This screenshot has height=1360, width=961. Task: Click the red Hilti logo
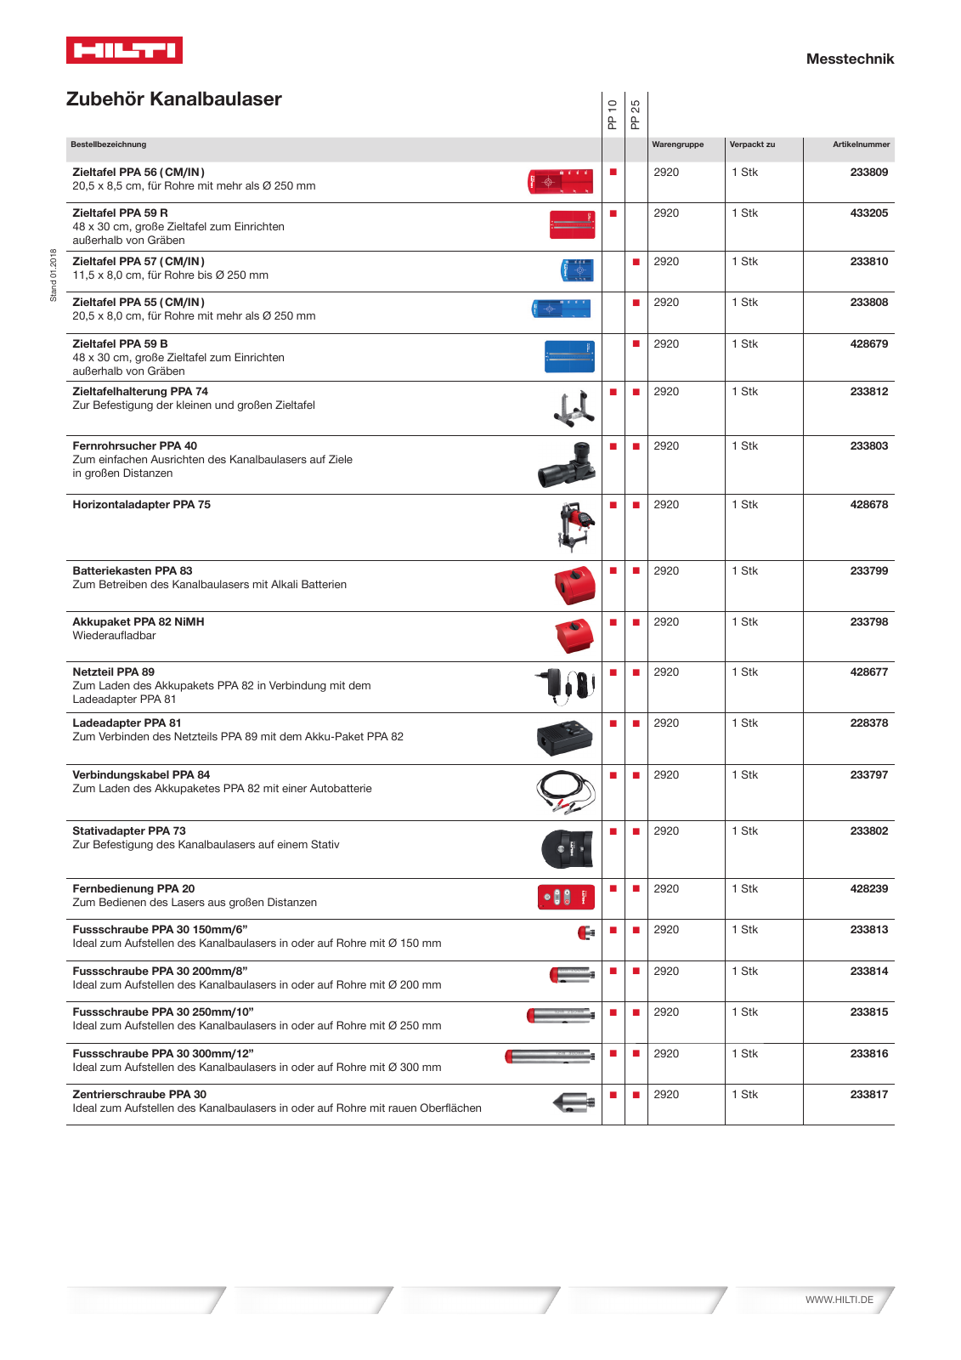click(124, 50)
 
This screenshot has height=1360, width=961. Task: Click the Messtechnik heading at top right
click(849, 59)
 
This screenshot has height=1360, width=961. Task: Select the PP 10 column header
click(613, 114)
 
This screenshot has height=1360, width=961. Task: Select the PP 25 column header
click(636, 114)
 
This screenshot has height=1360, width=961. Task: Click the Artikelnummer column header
click(861, 144)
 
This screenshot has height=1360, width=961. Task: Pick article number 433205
click(868, 213)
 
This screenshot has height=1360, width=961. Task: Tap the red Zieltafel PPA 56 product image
click(560, 182)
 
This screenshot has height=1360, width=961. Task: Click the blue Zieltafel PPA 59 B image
click(569, 356)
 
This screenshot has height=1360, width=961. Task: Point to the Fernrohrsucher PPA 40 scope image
click(567, 464)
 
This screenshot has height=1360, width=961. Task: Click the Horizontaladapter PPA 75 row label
click(141, 505)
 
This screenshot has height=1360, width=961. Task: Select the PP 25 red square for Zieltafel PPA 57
click(636, 262)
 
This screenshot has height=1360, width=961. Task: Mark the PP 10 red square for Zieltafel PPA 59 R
click(613, 213)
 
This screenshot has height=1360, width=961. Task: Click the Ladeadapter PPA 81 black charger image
click(565, 737)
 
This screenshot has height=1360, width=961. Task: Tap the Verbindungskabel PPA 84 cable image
click(565, 791)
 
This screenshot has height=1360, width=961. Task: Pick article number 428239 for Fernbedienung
click(868, 889)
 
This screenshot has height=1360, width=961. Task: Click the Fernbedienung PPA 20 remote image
click(566, 897)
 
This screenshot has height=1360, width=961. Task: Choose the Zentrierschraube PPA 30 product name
click(139, 1095)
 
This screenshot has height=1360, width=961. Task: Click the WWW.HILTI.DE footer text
click(839, 1300)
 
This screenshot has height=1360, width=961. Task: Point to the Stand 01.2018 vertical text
click(54, 275)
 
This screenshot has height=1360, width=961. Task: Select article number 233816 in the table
click(868, 1054)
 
